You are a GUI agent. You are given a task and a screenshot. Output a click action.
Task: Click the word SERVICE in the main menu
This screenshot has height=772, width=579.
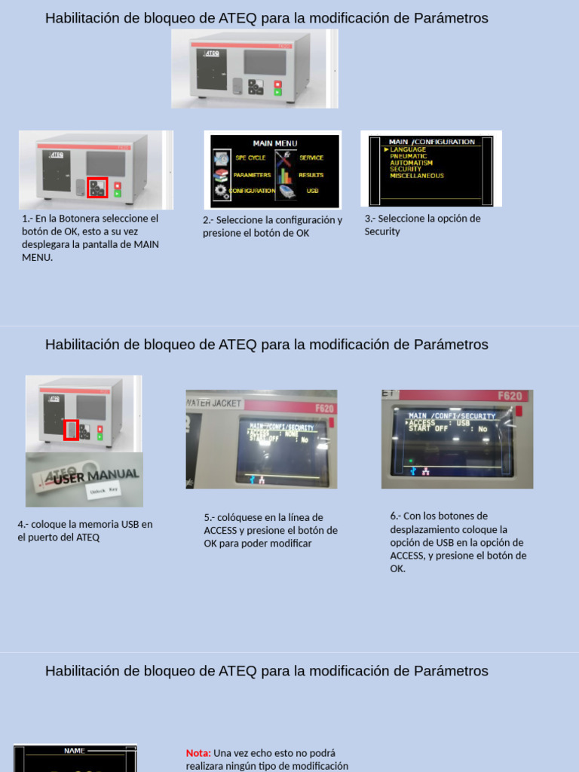pos(311,158)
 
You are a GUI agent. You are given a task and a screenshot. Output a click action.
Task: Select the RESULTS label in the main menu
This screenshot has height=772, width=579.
pos(311,175)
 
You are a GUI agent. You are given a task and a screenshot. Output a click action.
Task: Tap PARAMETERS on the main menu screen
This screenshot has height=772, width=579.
pos(252,175)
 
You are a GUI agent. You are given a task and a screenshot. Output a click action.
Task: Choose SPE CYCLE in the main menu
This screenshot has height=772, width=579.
pos(250,158)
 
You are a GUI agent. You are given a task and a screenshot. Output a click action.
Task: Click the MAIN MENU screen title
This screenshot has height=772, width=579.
pos(274,143)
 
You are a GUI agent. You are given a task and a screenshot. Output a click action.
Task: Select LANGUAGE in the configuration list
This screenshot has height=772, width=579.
pos(408,150)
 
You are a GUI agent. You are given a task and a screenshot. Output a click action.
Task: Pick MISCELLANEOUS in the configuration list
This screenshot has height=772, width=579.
pos(417,176)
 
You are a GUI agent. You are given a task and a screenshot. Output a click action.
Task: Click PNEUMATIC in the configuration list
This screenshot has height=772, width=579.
pos(408,156)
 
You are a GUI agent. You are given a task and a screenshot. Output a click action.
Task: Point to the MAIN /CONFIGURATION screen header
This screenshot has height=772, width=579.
pos(432,142)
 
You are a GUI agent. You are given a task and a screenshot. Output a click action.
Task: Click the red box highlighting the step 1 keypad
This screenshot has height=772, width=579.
pos(98,187)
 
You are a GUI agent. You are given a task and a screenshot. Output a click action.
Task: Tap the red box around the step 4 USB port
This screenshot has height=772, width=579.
pos(71,430)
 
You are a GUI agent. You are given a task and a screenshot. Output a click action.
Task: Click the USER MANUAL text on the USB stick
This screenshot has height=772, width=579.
pos(96,476)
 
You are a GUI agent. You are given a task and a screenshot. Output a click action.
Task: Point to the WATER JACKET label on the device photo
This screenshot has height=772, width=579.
pos(214,403)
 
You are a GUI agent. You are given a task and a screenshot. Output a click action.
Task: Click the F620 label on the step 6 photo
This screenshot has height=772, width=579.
pos(510,396)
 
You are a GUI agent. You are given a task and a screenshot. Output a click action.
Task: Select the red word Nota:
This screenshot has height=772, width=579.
pos(198,753)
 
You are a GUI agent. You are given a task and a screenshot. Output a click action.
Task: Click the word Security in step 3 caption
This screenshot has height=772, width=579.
pos(382,231)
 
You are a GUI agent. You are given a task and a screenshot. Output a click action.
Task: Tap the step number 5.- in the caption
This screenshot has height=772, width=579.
pos(210,518)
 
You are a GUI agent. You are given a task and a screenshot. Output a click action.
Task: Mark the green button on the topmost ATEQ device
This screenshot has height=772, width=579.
pos(277,92)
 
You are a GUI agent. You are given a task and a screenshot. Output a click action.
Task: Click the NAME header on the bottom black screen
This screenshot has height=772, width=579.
pos(75,751)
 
